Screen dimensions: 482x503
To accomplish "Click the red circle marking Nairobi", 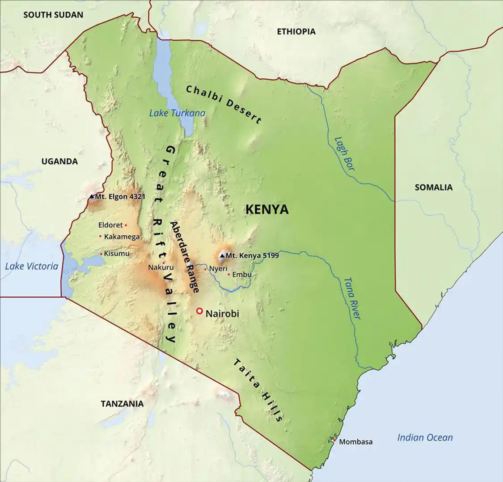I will tap(199, 311).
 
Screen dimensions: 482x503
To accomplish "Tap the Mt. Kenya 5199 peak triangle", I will tap(222, 256).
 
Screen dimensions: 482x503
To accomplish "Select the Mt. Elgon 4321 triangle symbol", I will tap(92, 196).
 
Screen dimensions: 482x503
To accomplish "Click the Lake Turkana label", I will tap(177, 113).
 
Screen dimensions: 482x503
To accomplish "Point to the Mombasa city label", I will tap(355, 442).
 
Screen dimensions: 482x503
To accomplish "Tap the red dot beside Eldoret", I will tap(126, 225).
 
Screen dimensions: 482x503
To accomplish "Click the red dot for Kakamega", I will tap(100, 236).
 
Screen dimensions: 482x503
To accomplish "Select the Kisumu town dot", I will tap(101, 254).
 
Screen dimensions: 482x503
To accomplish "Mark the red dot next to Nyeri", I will tap(205, 269).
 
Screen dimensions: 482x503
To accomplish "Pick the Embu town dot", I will tap(228, 274).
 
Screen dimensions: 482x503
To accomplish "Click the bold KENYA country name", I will tap(267, 209).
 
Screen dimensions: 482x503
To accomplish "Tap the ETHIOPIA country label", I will tap(296, 31).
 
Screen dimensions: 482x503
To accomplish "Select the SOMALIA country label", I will tap(433, 187).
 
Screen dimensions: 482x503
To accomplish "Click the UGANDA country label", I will tap(59, 161).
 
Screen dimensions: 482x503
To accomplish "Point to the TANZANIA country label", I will tap(122, 404).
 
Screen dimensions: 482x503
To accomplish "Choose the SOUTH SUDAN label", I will tap(53, 15).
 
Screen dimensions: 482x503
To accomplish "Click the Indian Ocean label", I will tap(425, 438).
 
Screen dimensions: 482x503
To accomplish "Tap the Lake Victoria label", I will tap(32, 266).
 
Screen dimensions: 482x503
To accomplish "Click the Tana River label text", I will tap(352, 298).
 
